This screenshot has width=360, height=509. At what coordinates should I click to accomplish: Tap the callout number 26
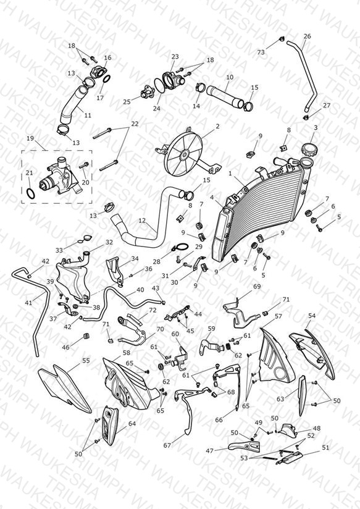(x=307, y=36)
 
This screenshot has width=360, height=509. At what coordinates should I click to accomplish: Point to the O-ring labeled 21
(x=30, y=194)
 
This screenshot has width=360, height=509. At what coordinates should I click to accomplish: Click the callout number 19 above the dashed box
(x=30, y=138)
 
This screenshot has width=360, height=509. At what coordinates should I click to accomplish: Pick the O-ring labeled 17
(x=107, y=79)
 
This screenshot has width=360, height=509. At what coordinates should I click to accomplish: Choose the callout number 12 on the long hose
(x=142, y=221)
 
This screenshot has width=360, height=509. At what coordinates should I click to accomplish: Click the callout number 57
(x=278, y=316)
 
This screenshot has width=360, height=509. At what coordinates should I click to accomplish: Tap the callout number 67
(x=167, y=445)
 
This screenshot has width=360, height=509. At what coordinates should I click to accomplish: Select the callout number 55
(x=86, y=361)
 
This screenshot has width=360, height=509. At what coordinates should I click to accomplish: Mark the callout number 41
(x=29, y=303)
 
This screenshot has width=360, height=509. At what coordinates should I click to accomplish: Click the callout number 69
(x=257, y=287)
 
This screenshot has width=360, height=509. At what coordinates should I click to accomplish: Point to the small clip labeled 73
(x=281, y=40)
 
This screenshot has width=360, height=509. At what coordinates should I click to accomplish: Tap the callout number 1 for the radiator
(x=230, y=174)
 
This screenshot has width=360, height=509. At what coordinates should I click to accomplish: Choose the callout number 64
(x=132, y=424)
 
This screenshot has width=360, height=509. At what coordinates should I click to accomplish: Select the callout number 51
(x=325, y=447)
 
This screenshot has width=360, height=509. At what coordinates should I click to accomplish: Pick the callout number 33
(x=59, y=250)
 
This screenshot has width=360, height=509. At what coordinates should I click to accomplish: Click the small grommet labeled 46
(x=86, y=336)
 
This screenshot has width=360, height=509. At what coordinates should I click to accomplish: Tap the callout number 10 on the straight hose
(x=230, y=77)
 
